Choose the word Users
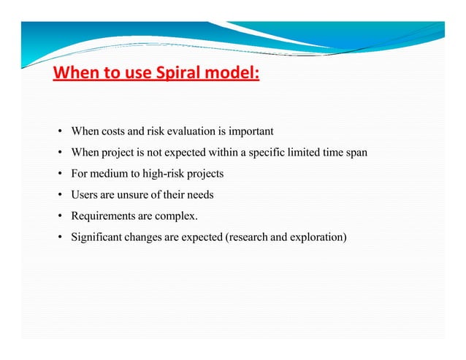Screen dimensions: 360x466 click(85, 195)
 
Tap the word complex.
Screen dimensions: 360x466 click(177, 216)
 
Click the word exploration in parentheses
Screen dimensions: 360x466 click(318, 237)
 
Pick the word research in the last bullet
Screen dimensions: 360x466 click(251, 237)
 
